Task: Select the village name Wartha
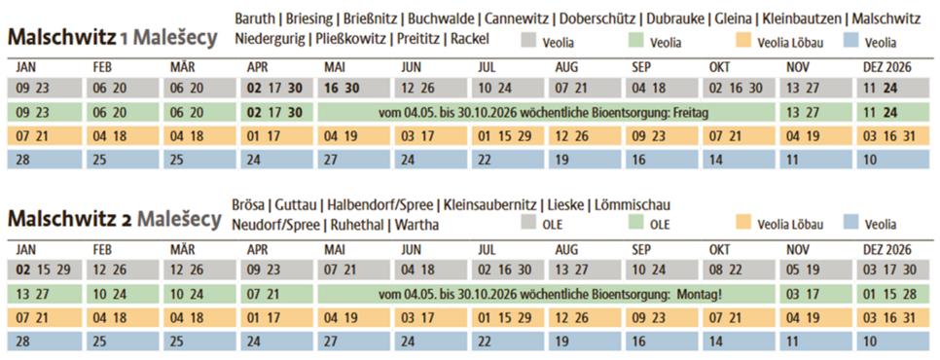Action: [x=416, y=225]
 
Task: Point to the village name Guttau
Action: [x=296, y=205]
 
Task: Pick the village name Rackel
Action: [x=467, y=39]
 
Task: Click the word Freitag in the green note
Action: [x=684, y=113]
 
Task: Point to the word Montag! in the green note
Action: [x=693, y=293]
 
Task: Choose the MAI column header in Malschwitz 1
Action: [x=336, y=66]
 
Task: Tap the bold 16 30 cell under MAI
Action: [x=343, y=88]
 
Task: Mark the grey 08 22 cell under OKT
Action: [x=724, y=269]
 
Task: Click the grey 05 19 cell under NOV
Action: [x=801, y=269]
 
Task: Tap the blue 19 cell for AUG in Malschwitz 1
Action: [x=561, y=158]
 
